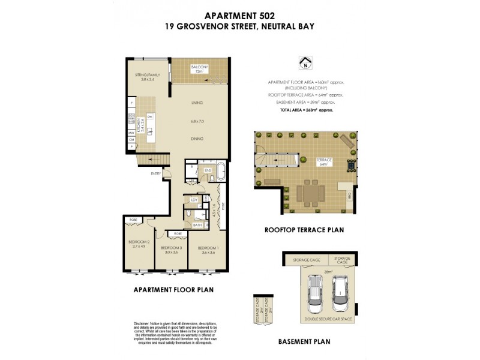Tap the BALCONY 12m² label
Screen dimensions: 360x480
tap(199, 69)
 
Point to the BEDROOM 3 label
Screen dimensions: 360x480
tap(172, 250)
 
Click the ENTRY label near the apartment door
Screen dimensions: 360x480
tap(156, 174)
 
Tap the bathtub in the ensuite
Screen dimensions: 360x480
tap(220, 170)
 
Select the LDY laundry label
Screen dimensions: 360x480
tap(194, 200)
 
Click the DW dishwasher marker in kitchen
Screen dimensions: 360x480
tap(150, 116)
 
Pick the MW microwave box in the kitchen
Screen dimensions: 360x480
tap(131, 133)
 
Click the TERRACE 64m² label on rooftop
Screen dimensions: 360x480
tap(324, 161)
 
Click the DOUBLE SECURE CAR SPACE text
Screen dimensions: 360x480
tap(328, 320)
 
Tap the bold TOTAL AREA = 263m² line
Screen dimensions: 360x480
tap(306, 110)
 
